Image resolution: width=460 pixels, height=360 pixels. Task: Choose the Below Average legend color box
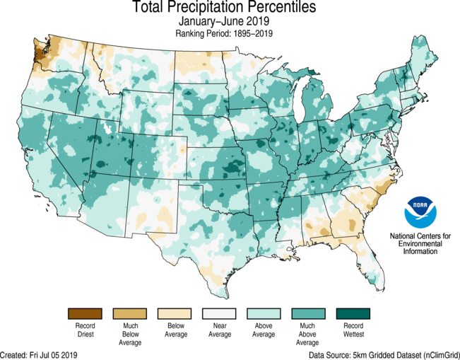tap(174, 313)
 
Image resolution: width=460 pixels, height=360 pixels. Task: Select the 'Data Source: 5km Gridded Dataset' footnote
tap(384, 354)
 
